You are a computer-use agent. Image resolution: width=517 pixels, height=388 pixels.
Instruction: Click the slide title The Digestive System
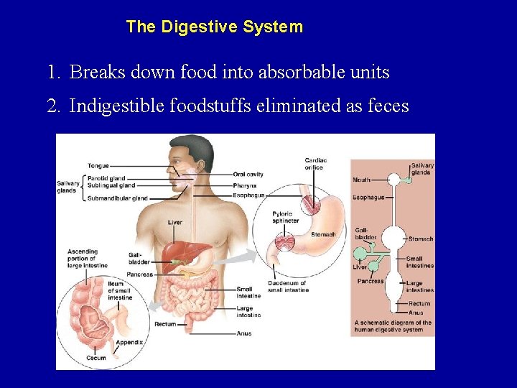(214, 27)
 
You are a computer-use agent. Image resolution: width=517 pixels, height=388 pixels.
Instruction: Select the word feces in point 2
(387, 106)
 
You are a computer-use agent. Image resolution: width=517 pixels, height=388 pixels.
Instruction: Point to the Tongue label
(98, 166)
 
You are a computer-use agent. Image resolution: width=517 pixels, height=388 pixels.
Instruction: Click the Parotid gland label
(106, 177)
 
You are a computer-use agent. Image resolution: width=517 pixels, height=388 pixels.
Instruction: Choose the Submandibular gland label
(117, 198)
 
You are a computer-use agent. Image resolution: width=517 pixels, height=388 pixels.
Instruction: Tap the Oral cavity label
(248, 174)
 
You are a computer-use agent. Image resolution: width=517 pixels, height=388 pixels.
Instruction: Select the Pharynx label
(245, 185)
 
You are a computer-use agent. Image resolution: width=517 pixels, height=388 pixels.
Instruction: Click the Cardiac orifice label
(316, 164)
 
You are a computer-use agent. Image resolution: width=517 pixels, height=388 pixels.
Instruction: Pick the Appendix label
(129, 342)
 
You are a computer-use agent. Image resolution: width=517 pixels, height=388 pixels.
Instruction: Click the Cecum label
(96, 357)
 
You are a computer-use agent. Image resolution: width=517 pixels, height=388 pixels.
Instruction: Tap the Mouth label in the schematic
(362, 180)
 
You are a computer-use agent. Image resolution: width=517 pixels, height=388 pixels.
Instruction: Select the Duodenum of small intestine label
(288, 286)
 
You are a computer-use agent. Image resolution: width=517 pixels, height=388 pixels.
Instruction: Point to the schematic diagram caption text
(393, 325)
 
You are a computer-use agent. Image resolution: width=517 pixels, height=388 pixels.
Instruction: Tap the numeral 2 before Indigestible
(52, 106)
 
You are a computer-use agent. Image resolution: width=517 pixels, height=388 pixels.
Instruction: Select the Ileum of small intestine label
(120, 290)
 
